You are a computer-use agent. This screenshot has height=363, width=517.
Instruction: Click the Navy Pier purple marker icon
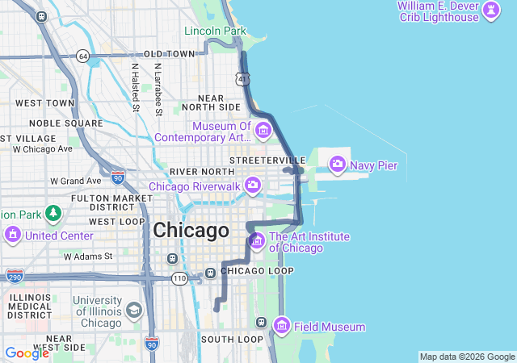pyautogui.click(x=337, y=165)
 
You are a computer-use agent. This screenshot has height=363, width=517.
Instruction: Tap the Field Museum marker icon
pyautogui.click(x=282, y=326)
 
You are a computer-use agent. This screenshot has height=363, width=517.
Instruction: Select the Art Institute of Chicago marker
pyautogui.click(x=257, y=240)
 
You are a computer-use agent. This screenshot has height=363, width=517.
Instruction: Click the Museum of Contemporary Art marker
pyautogui.click(x=263, y=130)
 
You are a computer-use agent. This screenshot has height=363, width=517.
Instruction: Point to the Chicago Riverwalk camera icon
pyautogui.click(x=253, y=186)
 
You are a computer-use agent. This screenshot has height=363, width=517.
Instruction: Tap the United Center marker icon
pyautogui.click(x=13, y=235)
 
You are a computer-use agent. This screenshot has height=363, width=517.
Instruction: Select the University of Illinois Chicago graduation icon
pyautogui.click(x=133, y=311)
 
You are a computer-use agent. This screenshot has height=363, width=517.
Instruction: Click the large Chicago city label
pyautogui.click(x=191, y=231)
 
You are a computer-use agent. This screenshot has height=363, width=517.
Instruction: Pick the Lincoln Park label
pyautogui.click(x=214, y=31)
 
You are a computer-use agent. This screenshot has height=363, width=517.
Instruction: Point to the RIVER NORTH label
pyautogui.click(x=201, y=172)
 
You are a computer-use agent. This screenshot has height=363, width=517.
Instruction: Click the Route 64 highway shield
pyautogui.click(x=83, y=56)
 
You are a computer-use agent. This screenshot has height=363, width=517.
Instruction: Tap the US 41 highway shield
pyautogui.click(x=243, y=78)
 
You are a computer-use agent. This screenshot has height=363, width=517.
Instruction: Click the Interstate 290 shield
pyautogui.click(x=14, y=276)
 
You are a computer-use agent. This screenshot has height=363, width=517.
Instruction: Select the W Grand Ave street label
pyautogui.click(x=76, y=181)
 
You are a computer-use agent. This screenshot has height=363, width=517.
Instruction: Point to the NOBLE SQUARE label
pyautogui.click(x=65, y=123)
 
